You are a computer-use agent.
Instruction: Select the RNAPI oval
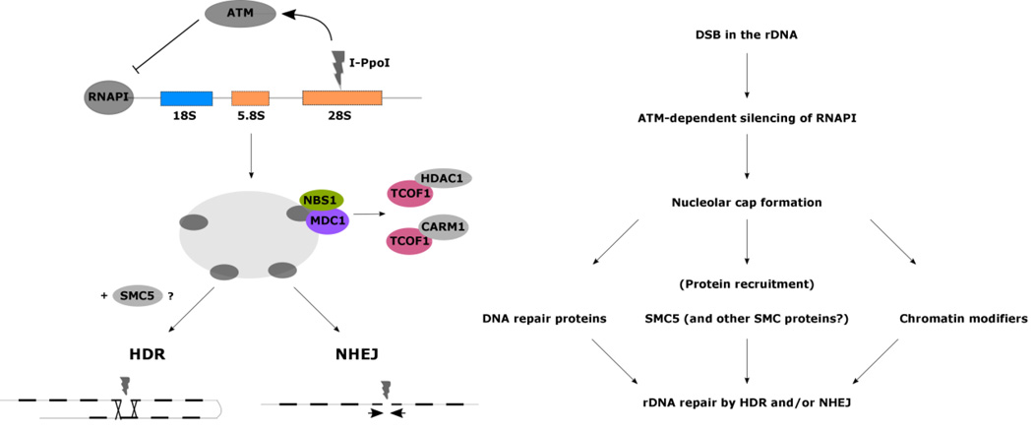pyautogui.click(x=109, y=97)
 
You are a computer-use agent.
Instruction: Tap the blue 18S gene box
pyautogui.click(x=186, y=97)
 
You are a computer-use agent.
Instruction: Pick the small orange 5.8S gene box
pyautogui.click(x=250, y=97)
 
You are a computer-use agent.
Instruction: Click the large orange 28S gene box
pyautogui.click(x=341, y=97)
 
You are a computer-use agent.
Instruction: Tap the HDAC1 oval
pyautogui.click(x=442, y=177)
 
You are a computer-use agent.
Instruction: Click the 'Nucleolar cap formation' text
pyautogui.click(x=747, y=202)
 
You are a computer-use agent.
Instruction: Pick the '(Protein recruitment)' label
pyautogui.click(x=747, y=283)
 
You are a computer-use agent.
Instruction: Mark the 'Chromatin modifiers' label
pyautogui.click(x=963, y=319)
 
